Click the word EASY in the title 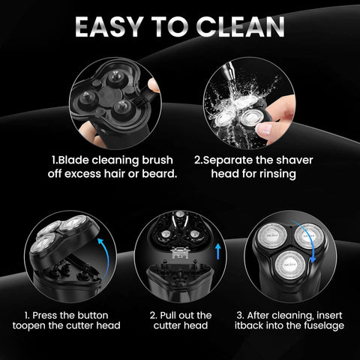pos(112,25)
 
